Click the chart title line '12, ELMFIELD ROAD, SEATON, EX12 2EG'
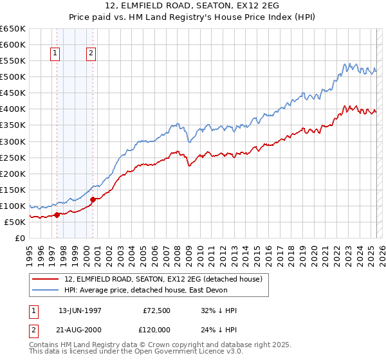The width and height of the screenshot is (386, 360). (192, 7)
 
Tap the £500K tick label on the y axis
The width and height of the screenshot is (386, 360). (13, 77)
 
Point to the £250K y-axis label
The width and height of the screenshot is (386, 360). (13, 157)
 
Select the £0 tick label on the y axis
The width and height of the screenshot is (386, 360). (21, 239)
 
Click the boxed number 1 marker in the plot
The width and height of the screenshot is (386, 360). (56, 54)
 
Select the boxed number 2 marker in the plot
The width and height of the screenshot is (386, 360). (92, 54)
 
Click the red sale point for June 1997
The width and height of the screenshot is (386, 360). (57, 215)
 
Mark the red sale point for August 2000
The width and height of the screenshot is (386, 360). (93, 199)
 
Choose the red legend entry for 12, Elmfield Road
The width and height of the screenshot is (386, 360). (163, 280)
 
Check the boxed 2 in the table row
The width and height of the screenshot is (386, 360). (33, 328)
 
